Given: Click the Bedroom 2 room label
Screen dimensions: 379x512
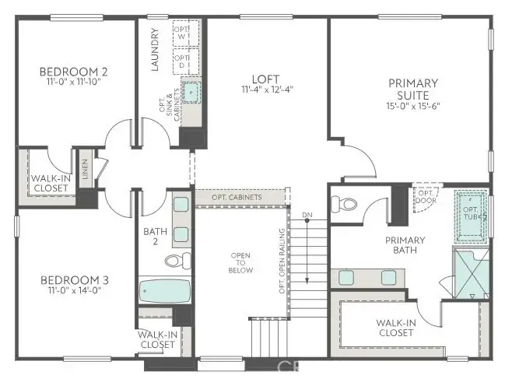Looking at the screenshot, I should [x=73, y=72].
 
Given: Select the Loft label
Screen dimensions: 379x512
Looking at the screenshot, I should [x=265, y=79].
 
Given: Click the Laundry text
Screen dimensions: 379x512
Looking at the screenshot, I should [x=156, y=50].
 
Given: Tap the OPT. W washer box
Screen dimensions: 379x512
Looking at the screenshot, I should [x=181, y=34].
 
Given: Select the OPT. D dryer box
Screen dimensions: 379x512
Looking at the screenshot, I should [x=181, y=61].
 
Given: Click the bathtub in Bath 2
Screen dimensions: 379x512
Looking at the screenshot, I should [x=165, y=293].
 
